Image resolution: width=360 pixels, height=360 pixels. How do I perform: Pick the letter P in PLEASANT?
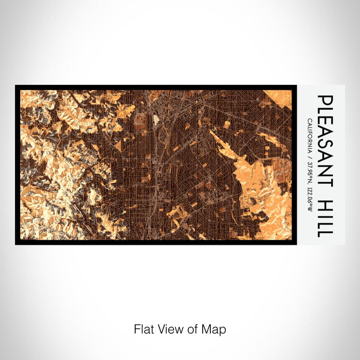(x=325, y=100)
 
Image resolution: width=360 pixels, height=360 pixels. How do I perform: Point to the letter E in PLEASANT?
(x=325, y=124)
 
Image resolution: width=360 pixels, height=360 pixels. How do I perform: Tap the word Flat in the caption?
(x=142, y=329)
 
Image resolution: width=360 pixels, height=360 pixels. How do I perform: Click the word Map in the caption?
(x=216, y=329)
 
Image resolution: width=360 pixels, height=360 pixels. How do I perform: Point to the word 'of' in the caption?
(x=191, y=329)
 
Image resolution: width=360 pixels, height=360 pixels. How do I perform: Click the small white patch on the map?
(x=156, y=120)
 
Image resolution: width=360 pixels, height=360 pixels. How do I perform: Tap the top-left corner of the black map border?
(x=16, y=86)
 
